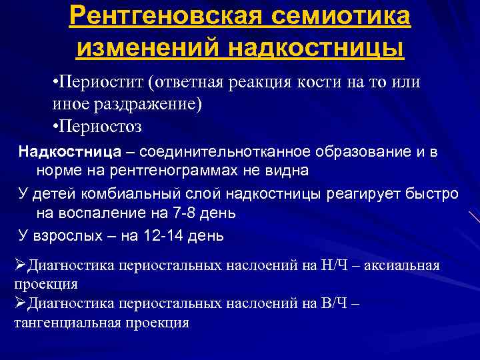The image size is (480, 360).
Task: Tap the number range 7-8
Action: [179, 214]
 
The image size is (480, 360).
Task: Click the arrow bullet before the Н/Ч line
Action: [20, 265]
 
